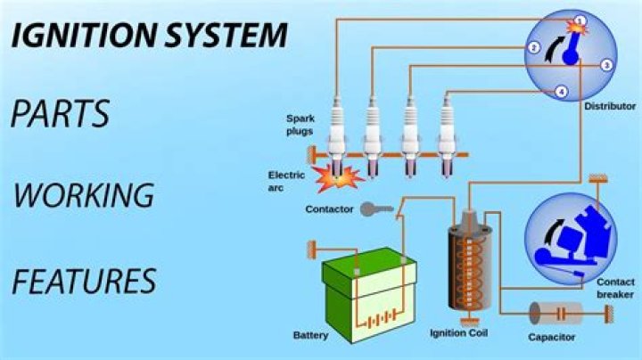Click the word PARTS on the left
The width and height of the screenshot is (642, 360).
[61, 115]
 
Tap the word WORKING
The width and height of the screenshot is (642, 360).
[84, 195]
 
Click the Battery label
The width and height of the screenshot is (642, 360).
[310, 336]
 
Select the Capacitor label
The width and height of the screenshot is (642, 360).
[551, 337]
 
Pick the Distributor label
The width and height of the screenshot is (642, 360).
[610, 106]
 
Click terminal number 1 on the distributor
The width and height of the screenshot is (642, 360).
[579, 20]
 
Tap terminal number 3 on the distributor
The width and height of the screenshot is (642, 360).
[605, 65]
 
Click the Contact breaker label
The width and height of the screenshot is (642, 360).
[615, 288]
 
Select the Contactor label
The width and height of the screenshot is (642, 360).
[330, 209]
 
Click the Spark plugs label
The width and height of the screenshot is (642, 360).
[300, 124]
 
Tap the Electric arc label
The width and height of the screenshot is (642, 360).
[286, 181]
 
